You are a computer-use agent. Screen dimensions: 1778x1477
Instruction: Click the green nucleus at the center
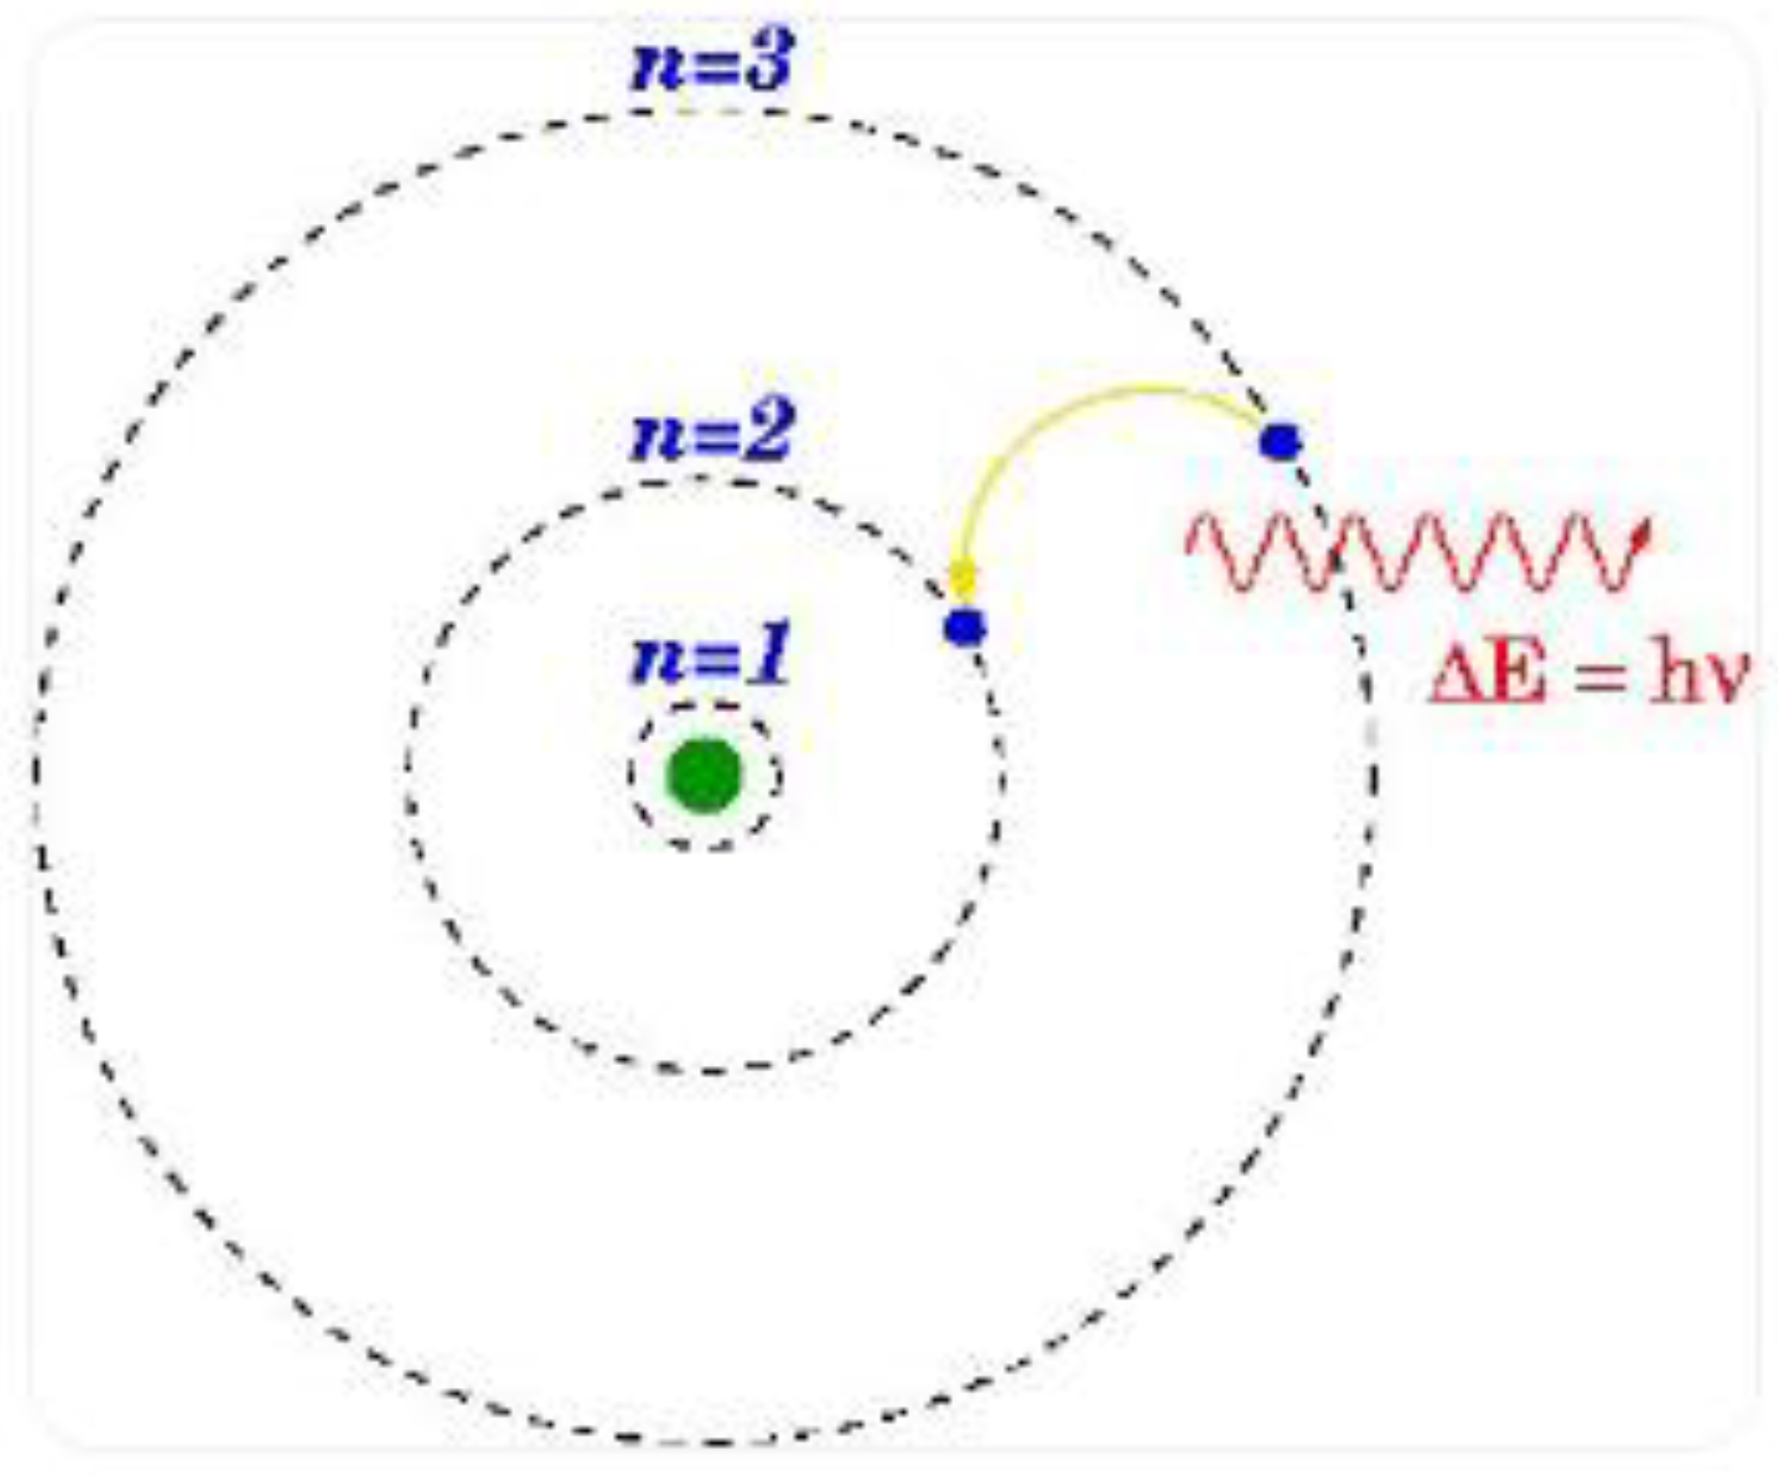[704, 776]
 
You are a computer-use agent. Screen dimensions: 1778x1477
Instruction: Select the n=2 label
[712, 433]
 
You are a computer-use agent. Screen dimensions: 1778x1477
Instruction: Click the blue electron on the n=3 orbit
[1280, 441]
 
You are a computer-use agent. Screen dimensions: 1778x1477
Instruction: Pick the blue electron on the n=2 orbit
[965, 627]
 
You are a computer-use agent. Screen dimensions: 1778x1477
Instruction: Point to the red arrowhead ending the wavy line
[1643, 535]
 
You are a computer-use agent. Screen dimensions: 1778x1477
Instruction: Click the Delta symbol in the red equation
[1454, 678]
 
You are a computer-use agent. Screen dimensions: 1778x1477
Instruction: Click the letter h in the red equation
[1669, 676]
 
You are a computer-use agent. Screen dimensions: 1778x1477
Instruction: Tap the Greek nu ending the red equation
[1726, 682]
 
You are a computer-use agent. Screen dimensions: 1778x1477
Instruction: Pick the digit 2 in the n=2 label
[768, 433]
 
